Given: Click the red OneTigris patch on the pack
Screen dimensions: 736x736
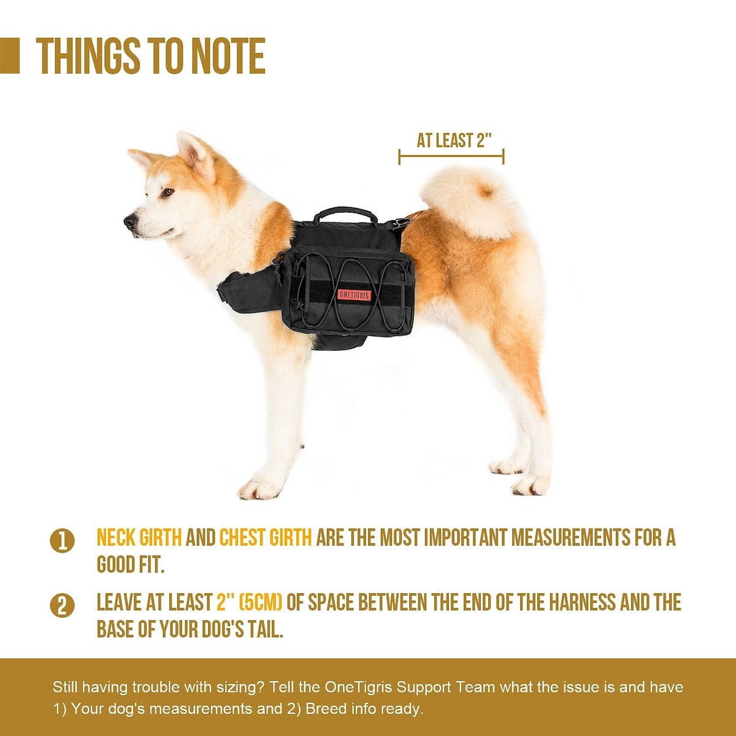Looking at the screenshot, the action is (354, 294).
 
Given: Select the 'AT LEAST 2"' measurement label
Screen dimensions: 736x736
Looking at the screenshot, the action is (453, 140).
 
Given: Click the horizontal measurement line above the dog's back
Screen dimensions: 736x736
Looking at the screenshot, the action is (451, 156).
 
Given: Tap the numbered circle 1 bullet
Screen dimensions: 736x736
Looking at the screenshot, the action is (63, 541).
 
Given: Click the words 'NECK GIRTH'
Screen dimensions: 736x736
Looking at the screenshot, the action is (139, 538).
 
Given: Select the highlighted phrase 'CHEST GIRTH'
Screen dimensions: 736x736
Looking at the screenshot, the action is (266, 538).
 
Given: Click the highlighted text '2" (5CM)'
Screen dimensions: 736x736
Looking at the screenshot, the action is (250, 602).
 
